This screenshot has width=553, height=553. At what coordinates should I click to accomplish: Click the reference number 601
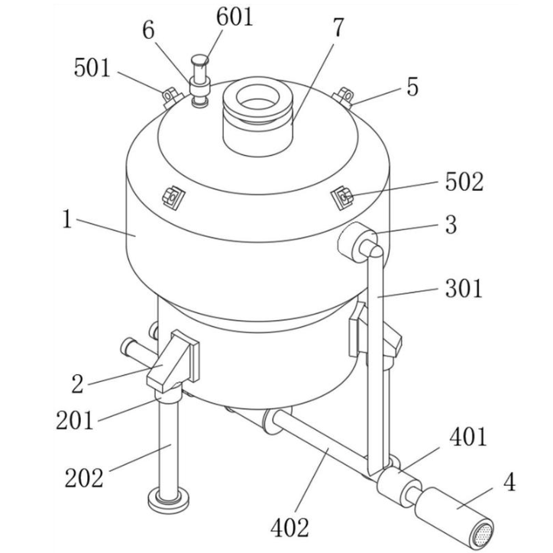pyautogui.click(x=234, y=17)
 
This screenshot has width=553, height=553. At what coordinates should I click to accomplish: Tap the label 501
pyautogui.click(x=92, y=68)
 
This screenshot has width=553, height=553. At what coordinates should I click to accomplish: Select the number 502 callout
pyautogui.click(x=464, y=182)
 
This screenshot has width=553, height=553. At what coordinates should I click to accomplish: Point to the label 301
pyautogui.click(x=464, y=288)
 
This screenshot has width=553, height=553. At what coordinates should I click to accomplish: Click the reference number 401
pyautogui.click(x=468, y=436)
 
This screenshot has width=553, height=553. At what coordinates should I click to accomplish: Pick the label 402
pyautogui.click(x=289, y=528)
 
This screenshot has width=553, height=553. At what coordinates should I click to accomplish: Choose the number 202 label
pyautogui.click(x=84, y=478)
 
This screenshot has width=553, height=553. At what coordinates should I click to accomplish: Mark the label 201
pyautogui.click(x=75, y=419)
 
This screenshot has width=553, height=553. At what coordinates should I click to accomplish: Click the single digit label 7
pyautogui.click(x=338, y=27)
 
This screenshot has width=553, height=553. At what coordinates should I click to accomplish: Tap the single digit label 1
pyautogui.click(x=67, y=219)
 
